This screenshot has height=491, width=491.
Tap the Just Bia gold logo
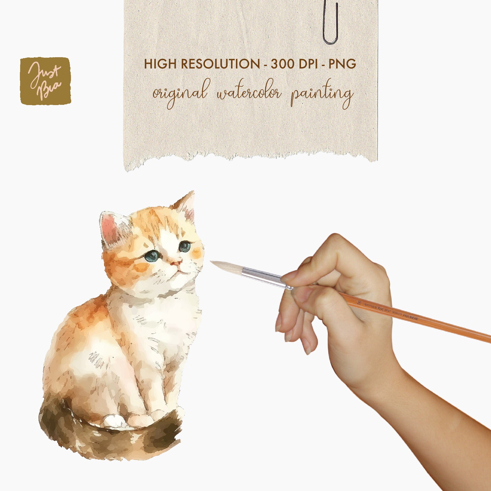[x=45, y=81]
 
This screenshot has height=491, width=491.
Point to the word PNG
[x=342, y=64]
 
